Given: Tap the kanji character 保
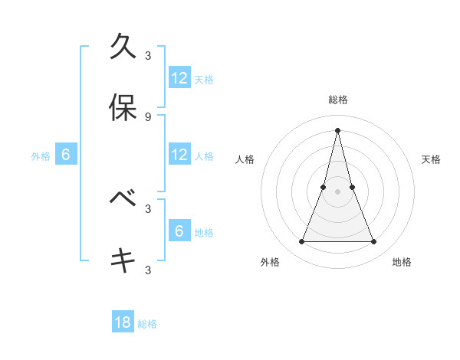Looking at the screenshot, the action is click(x=123, y=108).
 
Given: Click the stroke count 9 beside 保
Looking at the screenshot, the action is click(x=148, y=116).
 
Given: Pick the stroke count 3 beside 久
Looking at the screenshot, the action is click(x=148, y=55).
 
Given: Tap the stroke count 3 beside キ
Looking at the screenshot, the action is click(x=148, y=270).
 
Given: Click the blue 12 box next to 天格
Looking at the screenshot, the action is click(x=179, y=78).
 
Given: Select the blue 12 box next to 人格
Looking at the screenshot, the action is click(x=179, y=155).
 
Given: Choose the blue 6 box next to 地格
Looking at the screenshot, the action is click(x=179, y=231).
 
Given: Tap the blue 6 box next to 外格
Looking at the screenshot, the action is click(x=66, y=155).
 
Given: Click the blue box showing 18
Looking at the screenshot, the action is click(x=123, y=322).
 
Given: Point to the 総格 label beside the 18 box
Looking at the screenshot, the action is click(x=147, y=324).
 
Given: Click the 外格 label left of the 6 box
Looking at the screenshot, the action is click(x=41, y=156).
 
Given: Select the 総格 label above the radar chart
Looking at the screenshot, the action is click(x=338, y=100).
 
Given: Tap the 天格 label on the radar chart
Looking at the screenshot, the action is click(x=432, y=159).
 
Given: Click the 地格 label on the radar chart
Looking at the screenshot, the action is click(x=402, y=262).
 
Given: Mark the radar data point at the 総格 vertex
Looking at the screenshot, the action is click(x=338, y=129).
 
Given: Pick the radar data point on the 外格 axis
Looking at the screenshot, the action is click(x=301, y=242).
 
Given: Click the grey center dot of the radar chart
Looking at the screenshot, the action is click(x=338, y=191).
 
